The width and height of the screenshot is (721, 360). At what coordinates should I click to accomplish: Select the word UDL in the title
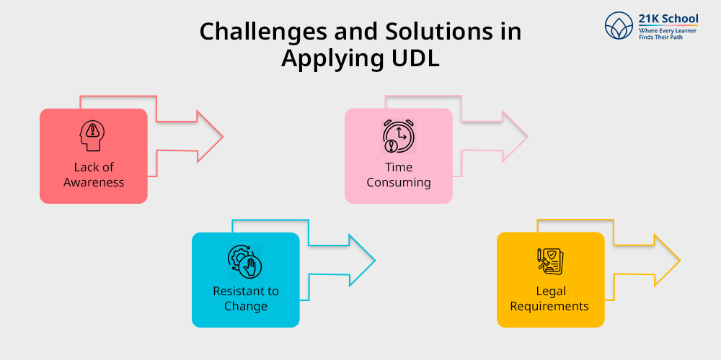(412, 58)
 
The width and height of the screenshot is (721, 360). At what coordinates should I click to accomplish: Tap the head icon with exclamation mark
(93, 137)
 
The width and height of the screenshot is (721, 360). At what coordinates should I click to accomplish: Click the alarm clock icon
(398, 136)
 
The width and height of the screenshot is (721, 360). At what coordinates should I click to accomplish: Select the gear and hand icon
(245, 261)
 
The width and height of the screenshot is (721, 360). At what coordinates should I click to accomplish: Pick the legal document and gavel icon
(550, 261)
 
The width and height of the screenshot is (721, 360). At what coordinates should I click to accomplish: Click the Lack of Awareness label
(94, 175)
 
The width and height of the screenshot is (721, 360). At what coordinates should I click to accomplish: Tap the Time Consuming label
(399, 175)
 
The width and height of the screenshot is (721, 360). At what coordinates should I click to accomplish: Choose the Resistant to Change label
(246, 299)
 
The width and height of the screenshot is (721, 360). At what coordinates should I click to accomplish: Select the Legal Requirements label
(549, 299)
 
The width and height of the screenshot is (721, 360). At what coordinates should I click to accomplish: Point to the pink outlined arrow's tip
(527, 135)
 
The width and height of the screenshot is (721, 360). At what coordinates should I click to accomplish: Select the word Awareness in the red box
(94, 182)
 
